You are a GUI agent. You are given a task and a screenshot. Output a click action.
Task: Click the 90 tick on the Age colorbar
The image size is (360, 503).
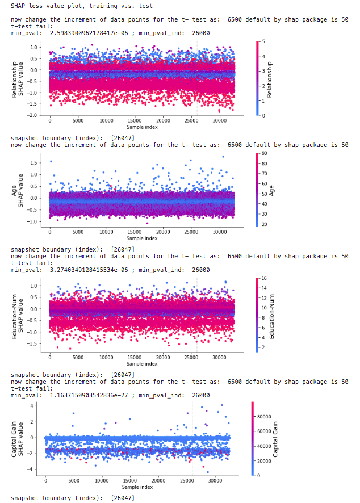[x=266, y=154]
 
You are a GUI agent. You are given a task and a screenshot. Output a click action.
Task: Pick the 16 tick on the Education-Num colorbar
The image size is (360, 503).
[x=266, y=278]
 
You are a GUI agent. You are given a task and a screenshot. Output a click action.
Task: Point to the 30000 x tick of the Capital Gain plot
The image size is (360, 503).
[x=214, y=480]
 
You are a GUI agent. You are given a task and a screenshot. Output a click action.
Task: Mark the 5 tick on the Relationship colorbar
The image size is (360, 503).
[x=264, y=42]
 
